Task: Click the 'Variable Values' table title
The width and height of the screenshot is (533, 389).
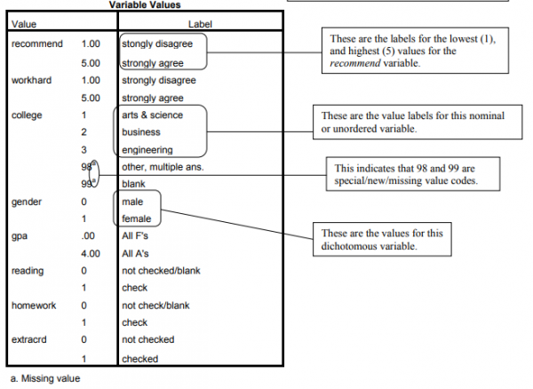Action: coord(145,5)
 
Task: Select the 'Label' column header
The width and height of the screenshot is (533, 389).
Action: coord(201,24)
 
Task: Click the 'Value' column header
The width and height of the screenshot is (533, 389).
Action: coord(24,24)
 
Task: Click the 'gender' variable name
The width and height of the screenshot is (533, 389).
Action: coord(26,202)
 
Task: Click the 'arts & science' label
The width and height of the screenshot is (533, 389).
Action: coord(153,115)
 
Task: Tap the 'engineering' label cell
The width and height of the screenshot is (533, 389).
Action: coord(147,149)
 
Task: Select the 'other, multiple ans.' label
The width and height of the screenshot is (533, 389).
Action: coord(163,167)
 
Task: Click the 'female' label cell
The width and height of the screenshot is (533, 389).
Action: coord(137,218)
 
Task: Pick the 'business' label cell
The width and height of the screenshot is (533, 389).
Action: coord(141,132)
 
